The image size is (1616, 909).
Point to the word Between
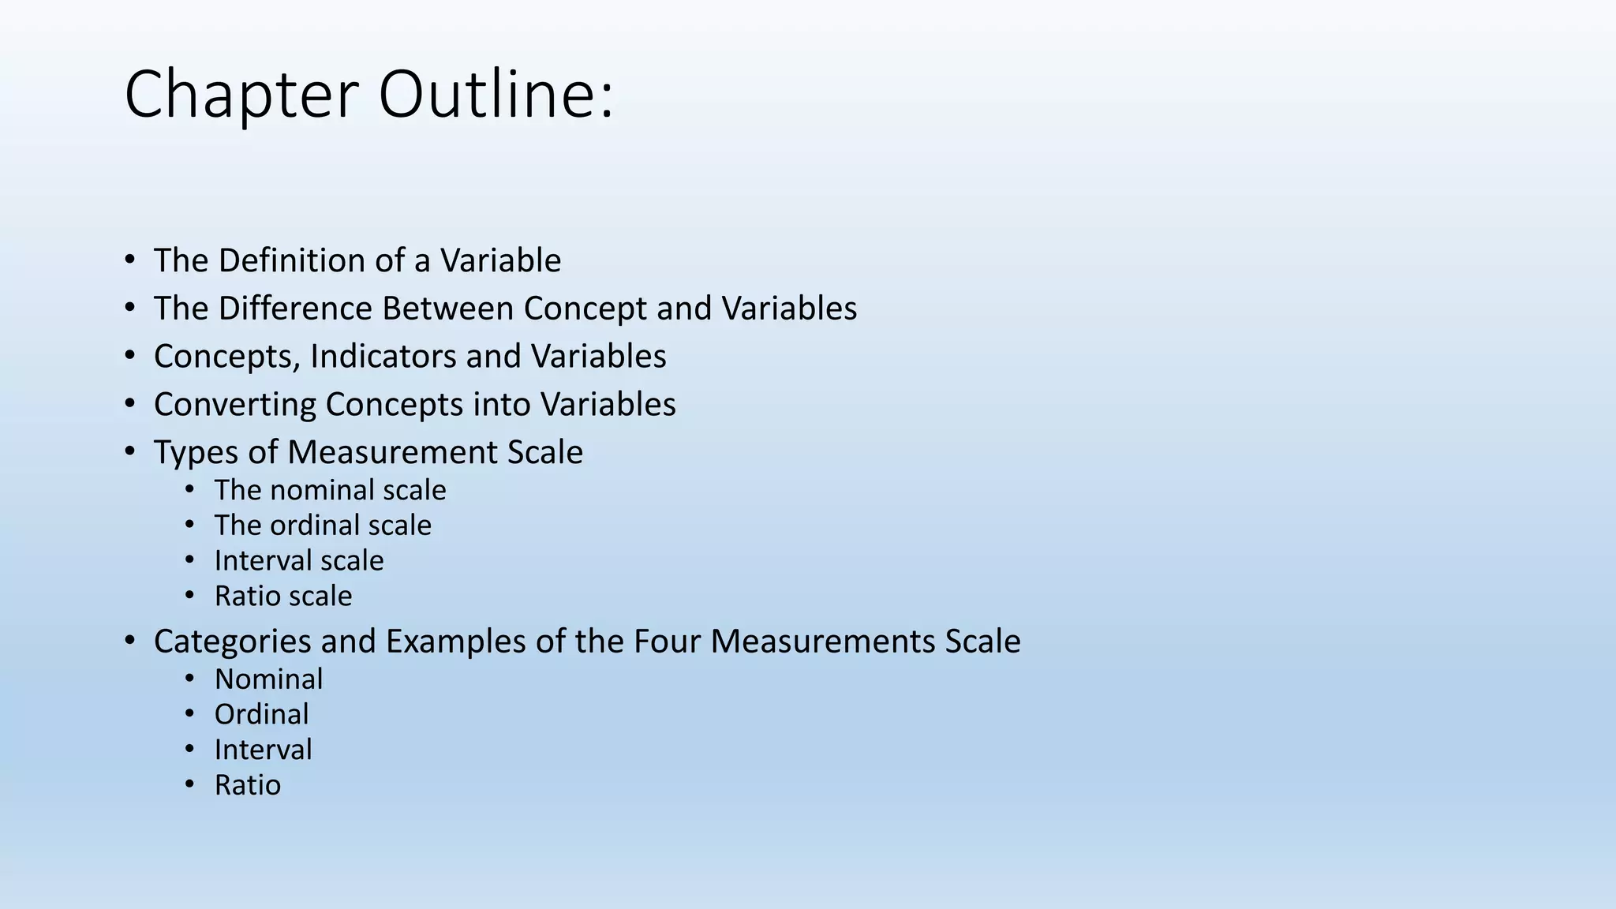(x=447, y=309)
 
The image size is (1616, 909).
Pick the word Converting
(x=234, y=405)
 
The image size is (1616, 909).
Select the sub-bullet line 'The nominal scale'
(x=330, y=490)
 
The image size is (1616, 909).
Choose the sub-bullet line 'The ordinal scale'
(x=323, y=526)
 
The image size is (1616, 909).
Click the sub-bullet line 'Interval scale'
(x=299, y=561)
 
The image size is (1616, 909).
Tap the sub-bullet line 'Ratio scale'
(x=283, y=597)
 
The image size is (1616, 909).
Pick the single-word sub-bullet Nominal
(x=268, y=679)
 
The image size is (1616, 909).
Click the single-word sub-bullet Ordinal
(x=261, y=715)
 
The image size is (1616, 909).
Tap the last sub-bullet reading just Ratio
(x=247, y=786)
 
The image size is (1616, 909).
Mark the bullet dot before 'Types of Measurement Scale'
(x=130, y=452)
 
